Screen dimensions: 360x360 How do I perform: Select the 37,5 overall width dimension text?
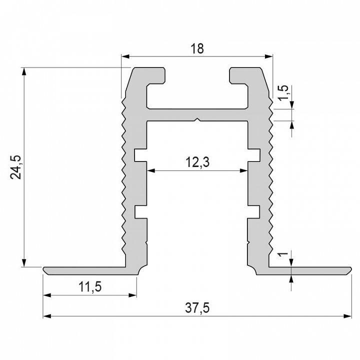[x=197, y=308]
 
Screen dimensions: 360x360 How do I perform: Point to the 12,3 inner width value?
[x=197, y=162]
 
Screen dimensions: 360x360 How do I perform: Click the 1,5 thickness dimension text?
[x=283, y=93]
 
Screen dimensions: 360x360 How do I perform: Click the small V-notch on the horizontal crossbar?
[x=198, y=119]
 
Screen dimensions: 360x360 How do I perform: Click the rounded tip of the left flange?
[x=45, y=270]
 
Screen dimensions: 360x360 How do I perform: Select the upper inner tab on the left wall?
[x=140, y=154]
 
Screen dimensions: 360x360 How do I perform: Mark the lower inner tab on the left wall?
[x=140, y=212]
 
